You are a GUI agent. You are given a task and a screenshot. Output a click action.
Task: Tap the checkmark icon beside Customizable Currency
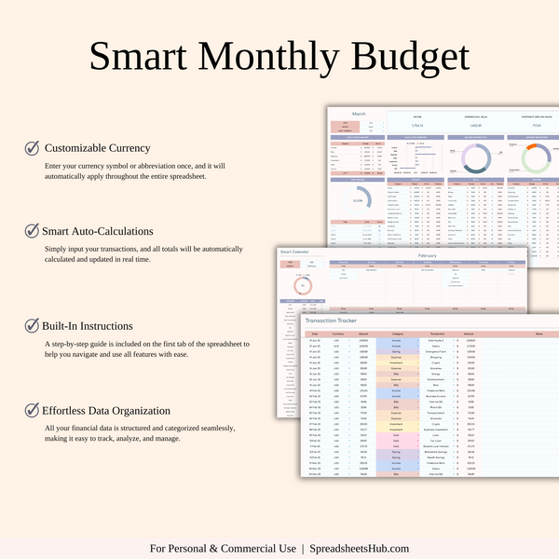(32, 147)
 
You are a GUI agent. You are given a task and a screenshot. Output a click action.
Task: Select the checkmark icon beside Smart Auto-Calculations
(32, 230)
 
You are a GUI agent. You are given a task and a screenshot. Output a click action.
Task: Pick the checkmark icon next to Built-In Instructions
(32, 326)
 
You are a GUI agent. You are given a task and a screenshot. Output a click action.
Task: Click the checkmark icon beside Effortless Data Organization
(32, 409)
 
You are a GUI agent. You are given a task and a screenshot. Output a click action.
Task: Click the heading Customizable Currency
(97, 147)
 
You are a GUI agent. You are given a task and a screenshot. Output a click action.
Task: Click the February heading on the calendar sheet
(427, 254)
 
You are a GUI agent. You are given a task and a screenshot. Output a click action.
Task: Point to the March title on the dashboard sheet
(359, 114)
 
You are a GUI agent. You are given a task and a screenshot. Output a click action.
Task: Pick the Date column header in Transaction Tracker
(314, 333)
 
